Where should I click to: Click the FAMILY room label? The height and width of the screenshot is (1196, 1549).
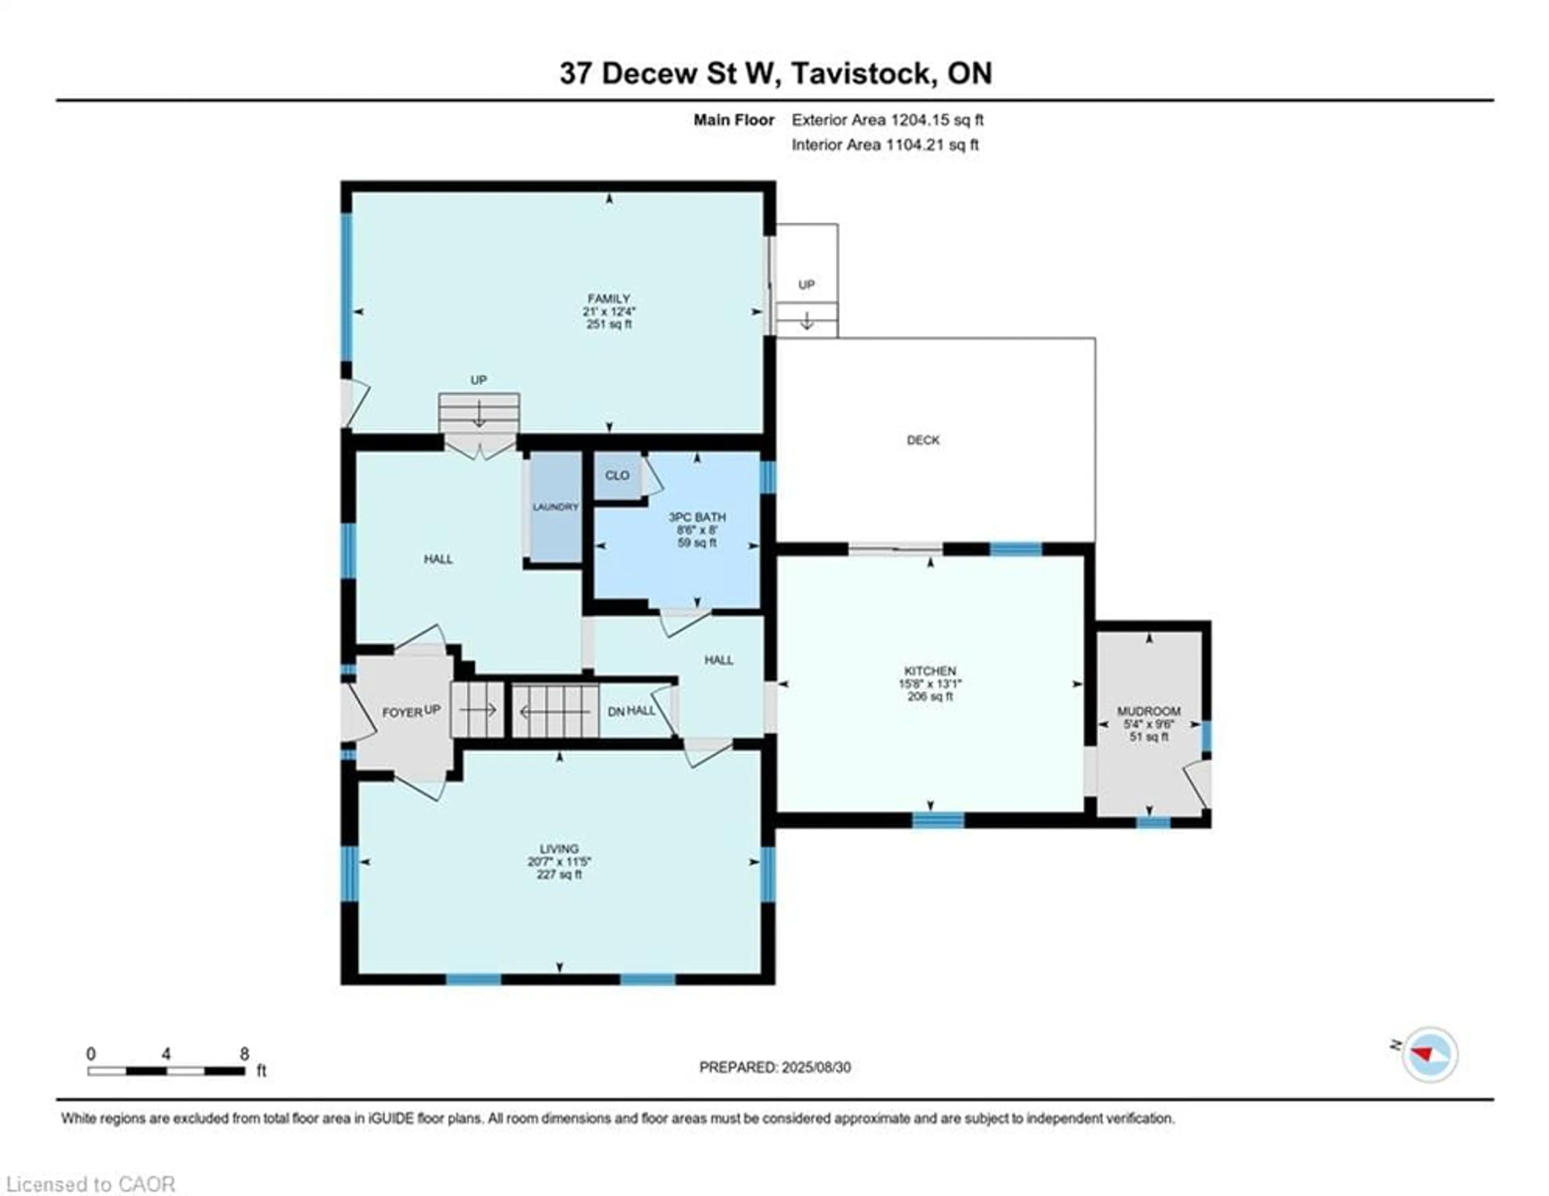coord(609,299)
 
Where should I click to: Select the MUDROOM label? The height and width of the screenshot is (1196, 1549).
coord(1149,711)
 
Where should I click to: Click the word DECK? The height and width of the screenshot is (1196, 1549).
coord(923,440)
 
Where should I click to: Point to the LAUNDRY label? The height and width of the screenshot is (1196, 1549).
coord(555,507)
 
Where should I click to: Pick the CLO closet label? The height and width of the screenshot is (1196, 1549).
coord(616,475)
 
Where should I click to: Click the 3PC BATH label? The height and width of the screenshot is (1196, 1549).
coord(697,517)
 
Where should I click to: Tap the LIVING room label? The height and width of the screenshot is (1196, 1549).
coord(559,849)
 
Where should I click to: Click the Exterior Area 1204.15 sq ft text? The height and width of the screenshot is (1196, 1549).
coord(887,120)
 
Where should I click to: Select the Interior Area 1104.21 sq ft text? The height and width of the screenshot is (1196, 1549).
coord(885,145)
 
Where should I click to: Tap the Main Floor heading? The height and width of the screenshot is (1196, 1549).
coord(733,120)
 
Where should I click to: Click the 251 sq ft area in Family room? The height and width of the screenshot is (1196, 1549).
coord(609,324)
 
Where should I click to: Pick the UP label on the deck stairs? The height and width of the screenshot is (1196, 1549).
coord(806,284)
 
